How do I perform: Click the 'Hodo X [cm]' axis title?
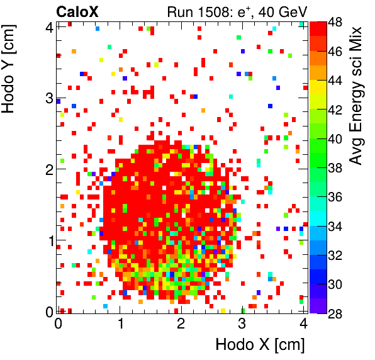coord(260,345)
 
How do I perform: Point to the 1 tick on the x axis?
coord(120,324)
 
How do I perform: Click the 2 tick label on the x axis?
coord(181,324)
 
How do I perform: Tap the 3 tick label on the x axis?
coord(242,324)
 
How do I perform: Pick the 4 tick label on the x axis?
coord(303,324)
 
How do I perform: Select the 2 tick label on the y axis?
coord(48,169)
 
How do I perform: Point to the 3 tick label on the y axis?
coord(48,98)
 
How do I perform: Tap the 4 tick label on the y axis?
coord(48,26)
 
